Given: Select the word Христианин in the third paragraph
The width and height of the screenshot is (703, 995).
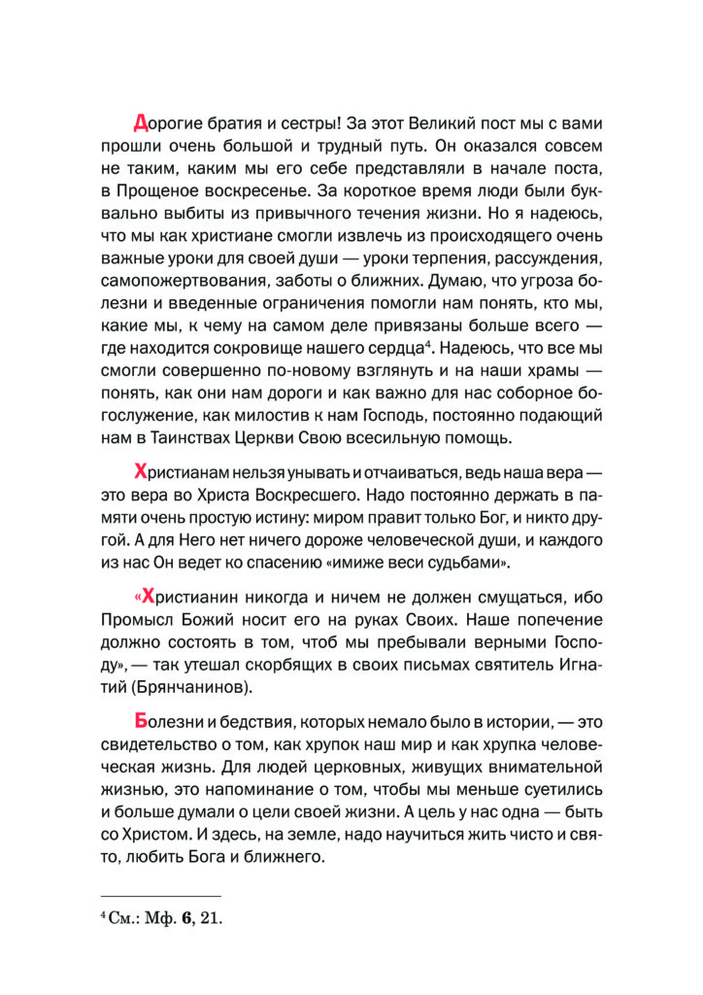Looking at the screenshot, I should pos(191,598).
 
